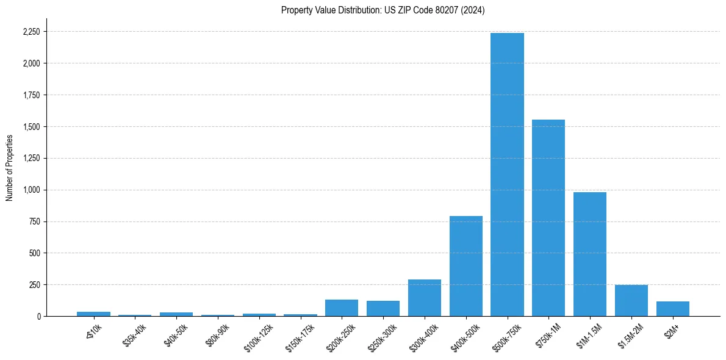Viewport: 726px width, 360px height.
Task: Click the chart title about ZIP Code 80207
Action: pyautogui.click(x=383, y=10)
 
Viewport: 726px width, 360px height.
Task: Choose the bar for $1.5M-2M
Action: pyautogui.click(x=631, y=300)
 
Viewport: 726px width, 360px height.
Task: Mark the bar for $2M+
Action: pyautogui.click(x=673, y=309)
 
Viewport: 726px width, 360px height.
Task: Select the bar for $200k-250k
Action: pyautogui.click(x=342, y=308)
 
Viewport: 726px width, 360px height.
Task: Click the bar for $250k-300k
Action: pyautogui.click(x=383, y=308)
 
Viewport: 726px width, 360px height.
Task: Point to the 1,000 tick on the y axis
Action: pyautogui.click(x=32, y=190)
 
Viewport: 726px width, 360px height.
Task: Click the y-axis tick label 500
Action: pyautogui.click(x=35, y=253)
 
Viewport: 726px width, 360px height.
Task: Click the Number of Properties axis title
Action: pyautogui.click(x=10, y=168)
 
